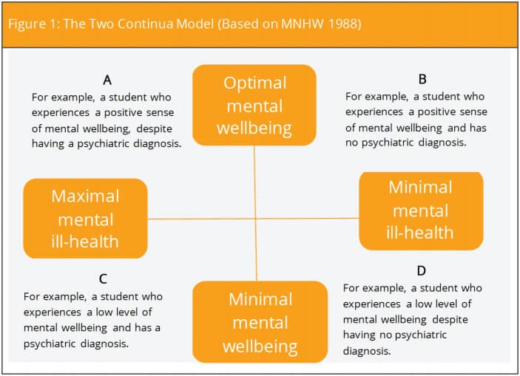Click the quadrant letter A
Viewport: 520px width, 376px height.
coord(107,80)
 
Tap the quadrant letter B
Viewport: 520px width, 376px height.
coord(422,79)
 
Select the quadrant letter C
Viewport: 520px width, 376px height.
coord(103,278)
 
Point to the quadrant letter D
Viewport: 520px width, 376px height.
coord(421,270)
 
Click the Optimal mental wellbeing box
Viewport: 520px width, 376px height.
coord(254,105)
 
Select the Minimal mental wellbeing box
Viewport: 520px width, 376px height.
coord(260,321)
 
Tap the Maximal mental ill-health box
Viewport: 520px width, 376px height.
coord(85,219)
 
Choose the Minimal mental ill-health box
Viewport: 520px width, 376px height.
coord(421,211)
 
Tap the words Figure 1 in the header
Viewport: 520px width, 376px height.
coord(34,24)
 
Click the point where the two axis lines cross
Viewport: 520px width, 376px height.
coord(255,219)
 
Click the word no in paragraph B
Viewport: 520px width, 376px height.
coord(351,143)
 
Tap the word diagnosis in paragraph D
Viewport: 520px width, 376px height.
coord(367,351)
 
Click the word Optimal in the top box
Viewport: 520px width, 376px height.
coord(254,83)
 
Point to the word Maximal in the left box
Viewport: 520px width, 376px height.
coord(85,196)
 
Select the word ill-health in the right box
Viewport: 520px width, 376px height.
coord(419,232)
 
